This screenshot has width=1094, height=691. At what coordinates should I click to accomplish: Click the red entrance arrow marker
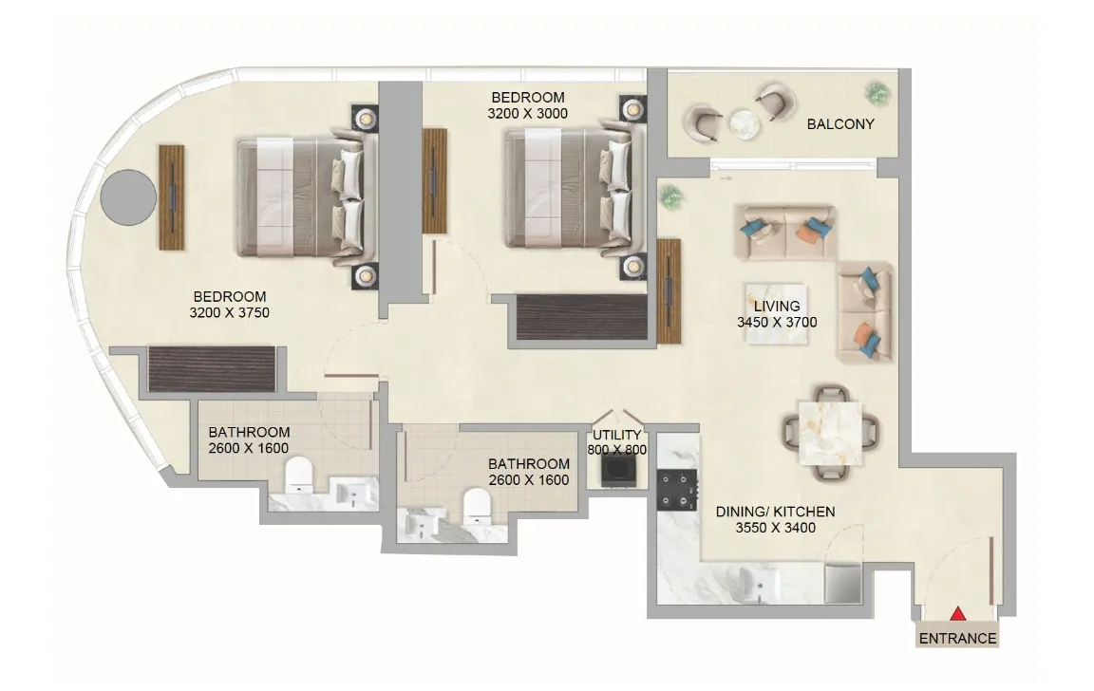[958, 615]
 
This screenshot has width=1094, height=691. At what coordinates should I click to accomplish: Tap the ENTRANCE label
[958, 639]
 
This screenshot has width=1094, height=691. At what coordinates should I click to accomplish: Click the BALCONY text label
[839, 124]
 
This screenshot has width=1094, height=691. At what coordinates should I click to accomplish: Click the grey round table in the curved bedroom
[128, 197]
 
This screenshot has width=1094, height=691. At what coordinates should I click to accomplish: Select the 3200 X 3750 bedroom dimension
[230, 312]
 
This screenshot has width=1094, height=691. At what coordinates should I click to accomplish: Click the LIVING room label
[777, 307]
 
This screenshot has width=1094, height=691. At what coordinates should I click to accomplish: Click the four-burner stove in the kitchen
[676, 489]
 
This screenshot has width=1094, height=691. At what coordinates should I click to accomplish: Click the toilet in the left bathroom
[300, 474]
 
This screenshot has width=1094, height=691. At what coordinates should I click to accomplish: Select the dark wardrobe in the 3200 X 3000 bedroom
[580, 316]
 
